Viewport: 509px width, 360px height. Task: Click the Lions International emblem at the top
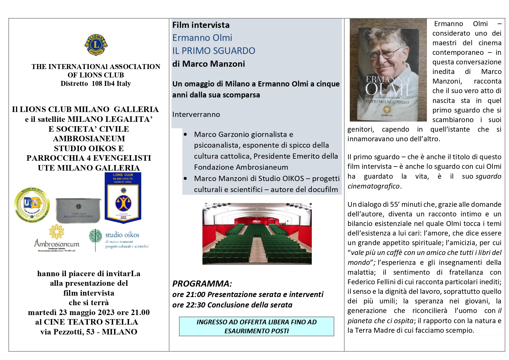(96, 45)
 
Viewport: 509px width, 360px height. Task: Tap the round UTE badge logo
(32, 205)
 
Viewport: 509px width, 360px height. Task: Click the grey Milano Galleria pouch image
(78, 210)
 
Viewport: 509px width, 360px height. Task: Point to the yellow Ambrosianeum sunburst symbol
(57, 231)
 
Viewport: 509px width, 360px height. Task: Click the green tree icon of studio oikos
(95, 239)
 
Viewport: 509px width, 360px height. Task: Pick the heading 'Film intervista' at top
(201, 25)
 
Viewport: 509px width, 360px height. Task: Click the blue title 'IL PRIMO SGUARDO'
(214, 51)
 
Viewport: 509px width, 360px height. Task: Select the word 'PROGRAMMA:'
(202, 283)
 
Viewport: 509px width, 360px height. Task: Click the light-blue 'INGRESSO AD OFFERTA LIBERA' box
(256, 326)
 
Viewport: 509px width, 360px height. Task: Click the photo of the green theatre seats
(257, 234)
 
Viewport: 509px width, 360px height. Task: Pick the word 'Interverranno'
(196, 115)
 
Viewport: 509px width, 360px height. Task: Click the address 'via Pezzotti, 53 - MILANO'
(89, 332)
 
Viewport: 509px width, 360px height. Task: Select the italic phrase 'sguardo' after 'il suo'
(488, 176)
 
